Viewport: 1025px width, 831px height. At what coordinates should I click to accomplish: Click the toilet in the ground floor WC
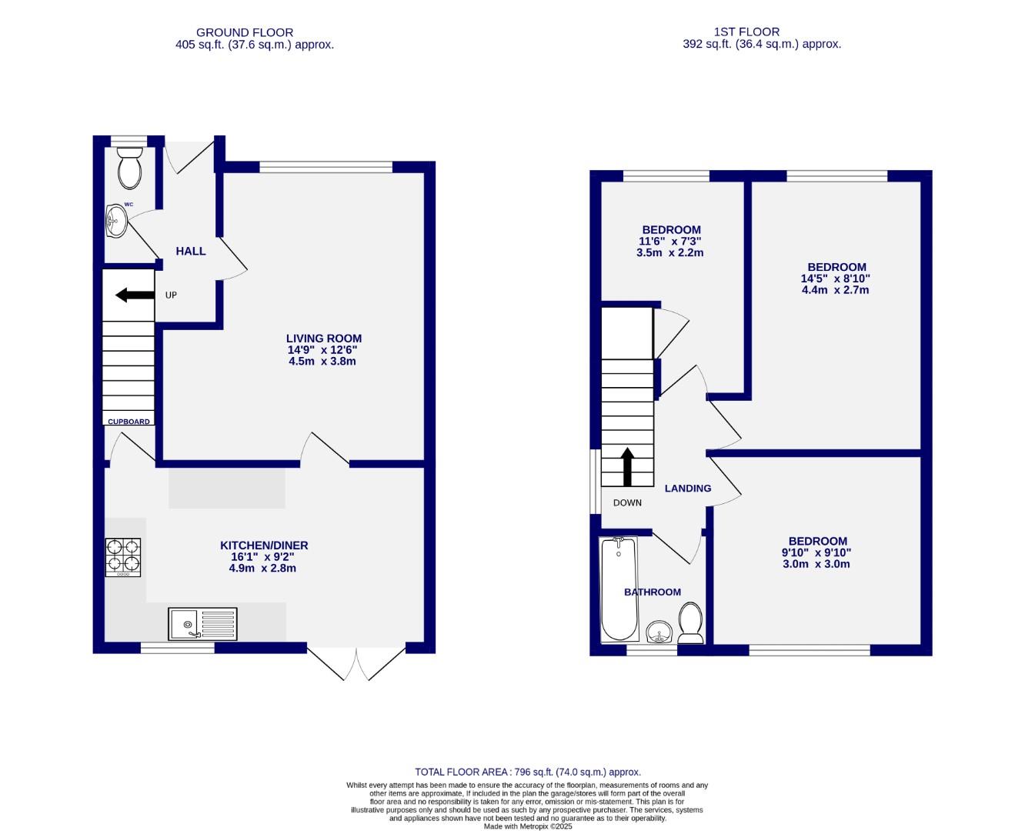click(x=129, y=168)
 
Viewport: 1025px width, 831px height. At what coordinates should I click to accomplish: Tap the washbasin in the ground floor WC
click(x=116, y=221)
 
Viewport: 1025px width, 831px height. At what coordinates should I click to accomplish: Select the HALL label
click(x=191, y=251)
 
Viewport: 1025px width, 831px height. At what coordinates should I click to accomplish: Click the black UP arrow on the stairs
click(x=135, y=295)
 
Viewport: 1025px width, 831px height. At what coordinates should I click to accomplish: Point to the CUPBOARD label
click(x=129, y=422)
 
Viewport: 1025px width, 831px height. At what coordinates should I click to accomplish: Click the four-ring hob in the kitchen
click(x=123, y=557)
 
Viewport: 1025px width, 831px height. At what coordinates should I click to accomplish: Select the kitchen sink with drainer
click(x=202, y=624)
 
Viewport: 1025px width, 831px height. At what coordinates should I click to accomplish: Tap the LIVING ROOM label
click(x=324, y=339)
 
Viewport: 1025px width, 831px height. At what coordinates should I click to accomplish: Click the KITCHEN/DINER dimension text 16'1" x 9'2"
click(x=262, y=557)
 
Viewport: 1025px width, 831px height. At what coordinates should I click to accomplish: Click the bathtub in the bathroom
click(x=619, y=589)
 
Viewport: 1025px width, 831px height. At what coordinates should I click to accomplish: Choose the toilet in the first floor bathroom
click(x=690, y=622)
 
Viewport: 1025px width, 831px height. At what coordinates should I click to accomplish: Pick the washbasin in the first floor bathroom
click(x=659, y=632)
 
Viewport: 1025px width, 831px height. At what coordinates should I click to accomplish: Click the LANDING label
click(x=688, y=489)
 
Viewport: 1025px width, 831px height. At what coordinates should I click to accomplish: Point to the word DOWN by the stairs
click(x=627, y=503)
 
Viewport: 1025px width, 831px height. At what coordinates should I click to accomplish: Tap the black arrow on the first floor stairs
click(x=627, y=467)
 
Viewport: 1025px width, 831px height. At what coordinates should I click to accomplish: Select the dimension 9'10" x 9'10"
click(x=816, y=553)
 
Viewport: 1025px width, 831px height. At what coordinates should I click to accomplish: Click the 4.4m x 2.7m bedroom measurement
click(x=836, y=290)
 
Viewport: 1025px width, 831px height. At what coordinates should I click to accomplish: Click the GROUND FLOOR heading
click(x=245, y=33)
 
